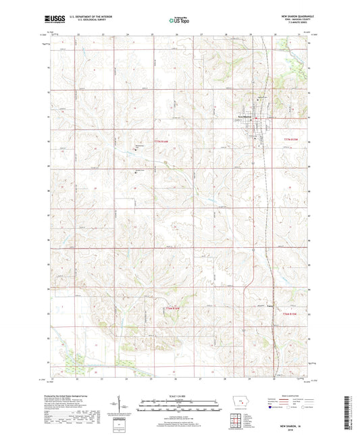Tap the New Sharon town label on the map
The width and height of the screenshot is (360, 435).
point(244,114)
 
